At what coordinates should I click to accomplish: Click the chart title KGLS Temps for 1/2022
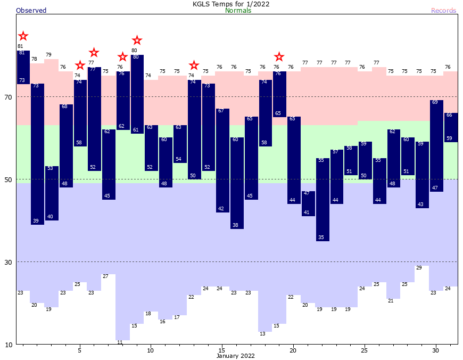(x=231, y=4)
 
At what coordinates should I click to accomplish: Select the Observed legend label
(x=31, y=11)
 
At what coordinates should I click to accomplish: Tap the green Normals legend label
(x=238, y=11)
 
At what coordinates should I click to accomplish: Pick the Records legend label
(x=443, y=11)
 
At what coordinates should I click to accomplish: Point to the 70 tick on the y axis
(x=9, y=97)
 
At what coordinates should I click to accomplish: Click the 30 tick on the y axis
(x=9, y=262)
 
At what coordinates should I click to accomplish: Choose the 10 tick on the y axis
(x=9, y=345)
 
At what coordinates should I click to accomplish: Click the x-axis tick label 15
(x=222, y=350)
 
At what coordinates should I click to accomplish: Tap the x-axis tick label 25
(x=365, y=350)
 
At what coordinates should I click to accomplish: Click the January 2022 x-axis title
(x=236, y=356)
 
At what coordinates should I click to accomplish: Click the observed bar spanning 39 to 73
(x=37, y=154)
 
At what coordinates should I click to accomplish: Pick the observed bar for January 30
(x=436, y=145)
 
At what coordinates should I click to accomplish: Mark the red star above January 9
(x=137, y=40)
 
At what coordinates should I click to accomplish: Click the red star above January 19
(x=279, y=56)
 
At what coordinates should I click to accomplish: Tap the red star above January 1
(x=23, y=36)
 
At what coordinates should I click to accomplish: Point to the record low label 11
(x=120, y=342)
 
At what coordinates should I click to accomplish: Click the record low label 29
(x=419, y=268)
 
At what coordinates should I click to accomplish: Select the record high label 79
(x=48, y=55)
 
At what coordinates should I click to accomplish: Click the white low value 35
(x=321, y=237)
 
